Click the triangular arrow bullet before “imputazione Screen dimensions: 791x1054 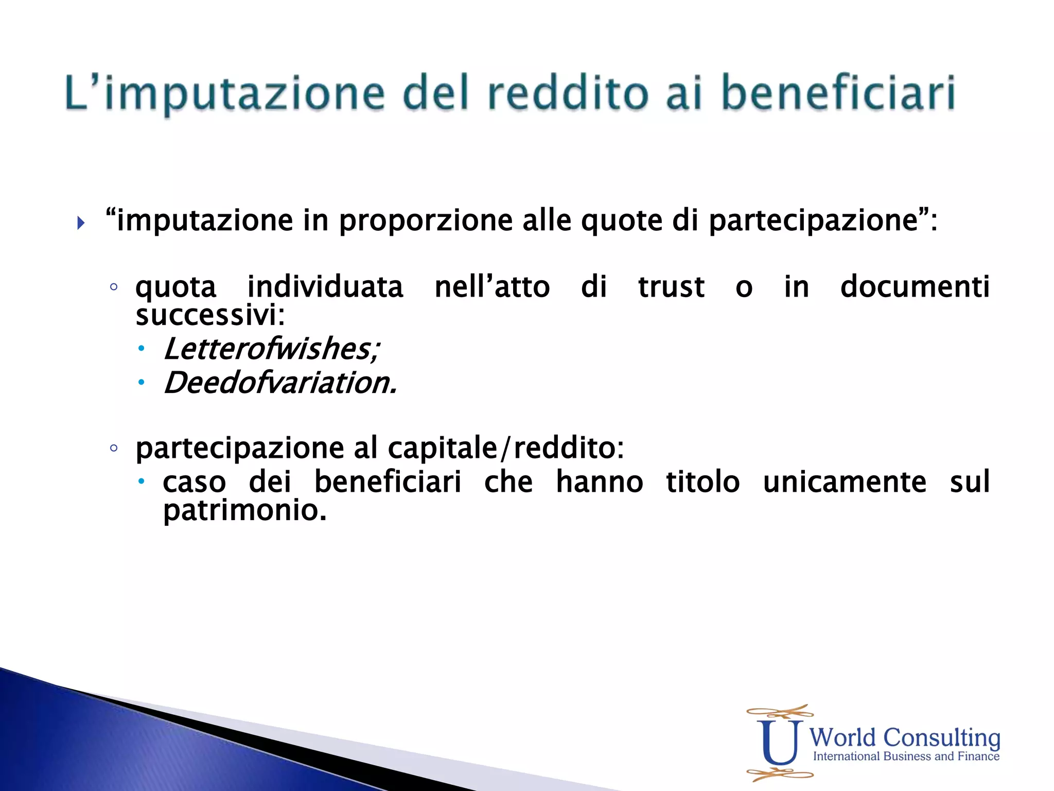tap(81, 223)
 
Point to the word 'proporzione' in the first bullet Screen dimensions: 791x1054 tap(425, 220)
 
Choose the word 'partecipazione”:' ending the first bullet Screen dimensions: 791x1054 tap(823, 220)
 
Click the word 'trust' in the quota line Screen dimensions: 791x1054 tap(671, 287)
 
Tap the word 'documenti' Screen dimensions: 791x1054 tap(915, 287)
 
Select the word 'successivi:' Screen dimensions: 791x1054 tap(210, 315)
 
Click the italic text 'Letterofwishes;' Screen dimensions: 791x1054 tap(271, 349)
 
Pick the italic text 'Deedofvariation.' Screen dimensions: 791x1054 tap(280, 383)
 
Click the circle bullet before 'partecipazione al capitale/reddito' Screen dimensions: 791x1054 tap(114, 448)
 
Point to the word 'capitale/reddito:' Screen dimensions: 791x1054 tap(506, 448)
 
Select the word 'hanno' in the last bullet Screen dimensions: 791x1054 tap(600, 482)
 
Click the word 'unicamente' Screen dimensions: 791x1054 tap(845, 482)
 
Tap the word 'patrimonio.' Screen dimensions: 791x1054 tap(245, 510)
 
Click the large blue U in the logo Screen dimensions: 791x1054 tap(780, 743)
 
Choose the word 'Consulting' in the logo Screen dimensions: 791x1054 tap(941, 738)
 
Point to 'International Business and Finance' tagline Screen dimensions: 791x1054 tap(906, 756)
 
